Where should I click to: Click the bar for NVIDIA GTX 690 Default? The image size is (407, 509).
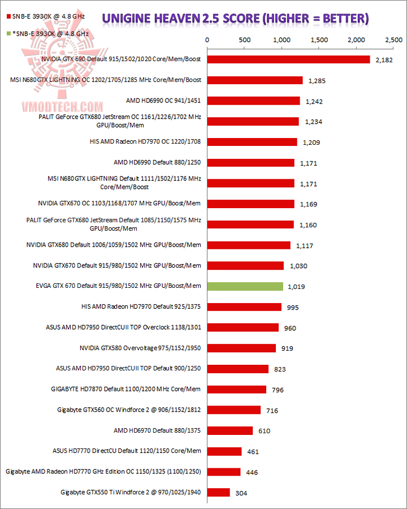click(288, 59)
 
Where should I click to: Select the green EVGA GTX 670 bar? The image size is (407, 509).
click(245, 287)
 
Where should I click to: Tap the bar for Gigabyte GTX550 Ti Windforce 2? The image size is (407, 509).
click(219, 493)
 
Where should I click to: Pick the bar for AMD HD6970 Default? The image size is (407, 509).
click(230, 431)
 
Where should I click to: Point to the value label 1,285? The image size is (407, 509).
click(317, 81)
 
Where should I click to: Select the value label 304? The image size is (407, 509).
click(241, 493)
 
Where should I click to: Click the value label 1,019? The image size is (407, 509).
click(296, 287)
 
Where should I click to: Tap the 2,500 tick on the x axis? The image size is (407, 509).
click(393, 40)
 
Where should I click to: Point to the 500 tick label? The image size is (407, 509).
click(245, 40)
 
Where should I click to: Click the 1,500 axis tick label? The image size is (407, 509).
click(319, 40)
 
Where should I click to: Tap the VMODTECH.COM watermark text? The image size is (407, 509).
click(62, 107)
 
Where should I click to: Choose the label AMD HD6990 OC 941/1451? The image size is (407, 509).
click(164, 101)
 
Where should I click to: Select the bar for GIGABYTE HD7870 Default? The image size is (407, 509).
click(237, 390)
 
